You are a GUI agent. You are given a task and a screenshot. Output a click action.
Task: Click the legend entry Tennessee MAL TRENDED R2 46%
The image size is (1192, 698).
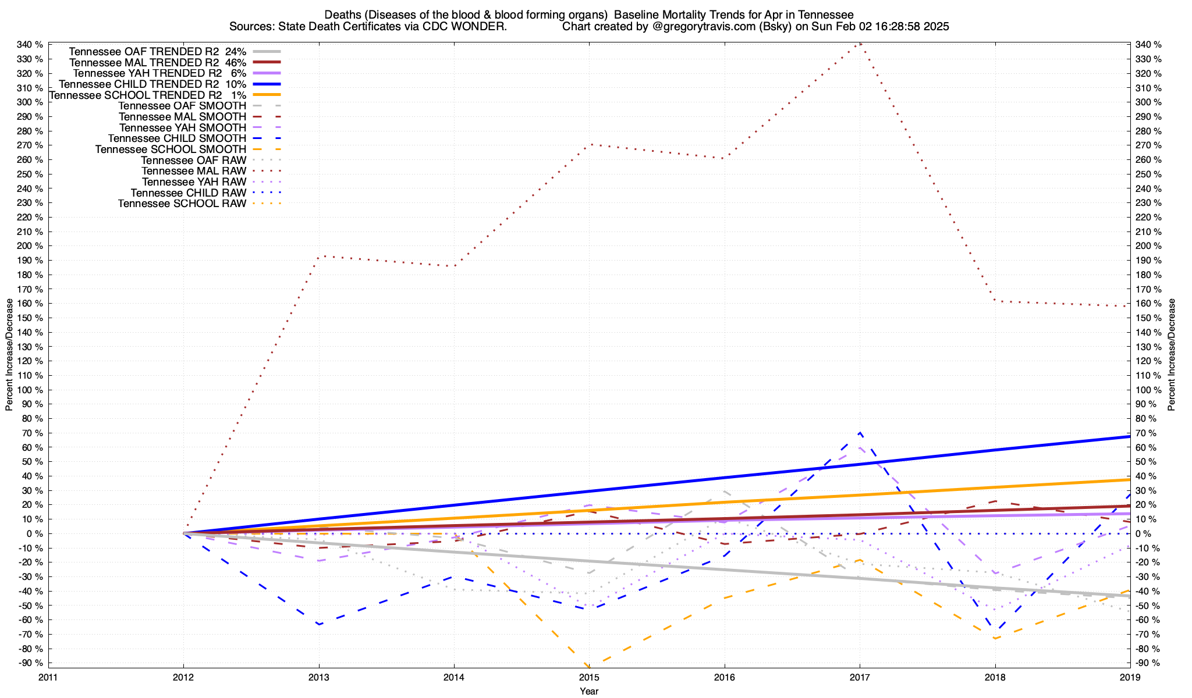click(157, 62)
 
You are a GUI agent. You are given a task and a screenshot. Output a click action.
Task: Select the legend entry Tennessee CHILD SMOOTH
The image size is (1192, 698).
click(177, 138)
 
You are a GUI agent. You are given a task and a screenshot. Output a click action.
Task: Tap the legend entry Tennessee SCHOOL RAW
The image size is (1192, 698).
click(182, 204)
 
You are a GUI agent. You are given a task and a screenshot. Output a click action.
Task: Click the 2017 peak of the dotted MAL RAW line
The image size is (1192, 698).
click(860, 44)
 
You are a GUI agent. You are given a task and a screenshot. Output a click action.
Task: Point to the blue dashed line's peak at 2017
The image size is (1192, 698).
click(860, 433)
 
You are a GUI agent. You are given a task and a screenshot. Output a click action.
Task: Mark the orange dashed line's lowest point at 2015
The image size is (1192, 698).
click(589, 666)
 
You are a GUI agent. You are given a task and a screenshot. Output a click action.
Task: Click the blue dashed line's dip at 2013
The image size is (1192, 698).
click(319, 624)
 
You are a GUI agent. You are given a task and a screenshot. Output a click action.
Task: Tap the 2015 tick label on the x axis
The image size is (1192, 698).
click(589, 677)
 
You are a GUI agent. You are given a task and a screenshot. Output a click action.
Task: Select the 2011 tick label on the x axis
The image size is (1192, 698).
click(48, 677)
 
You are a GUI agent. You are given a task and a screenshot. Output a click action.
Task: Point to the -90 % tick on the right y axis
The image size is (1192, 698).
click(1147, 663)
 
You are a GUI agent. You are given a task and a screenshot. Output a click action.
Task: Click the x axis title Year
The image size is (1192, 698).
click(589, 691)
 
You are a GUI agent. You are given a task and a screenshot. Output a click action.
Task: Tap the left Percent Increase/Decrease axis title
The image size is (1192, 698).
click(9, 355)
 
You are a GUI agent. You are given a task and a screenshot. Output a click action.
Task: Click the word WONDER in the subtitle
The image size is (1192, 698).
click(487, 27)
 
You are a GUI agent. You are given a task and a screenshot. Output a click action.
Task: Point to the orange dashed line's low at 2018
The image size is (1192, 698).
click(995, 638)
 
